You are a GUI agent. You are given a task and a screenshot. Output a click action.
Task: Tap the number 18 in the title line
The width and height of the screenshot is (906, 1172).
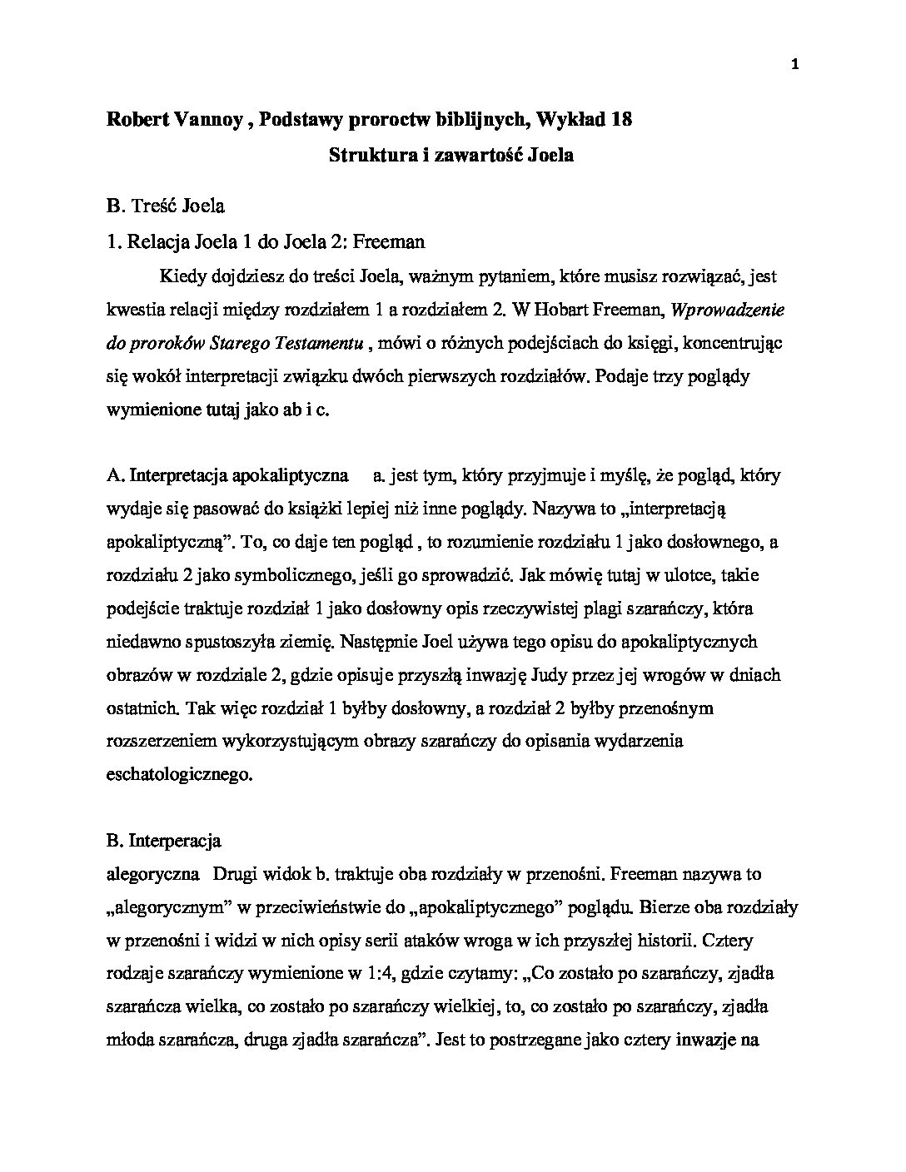[x=620, y=120]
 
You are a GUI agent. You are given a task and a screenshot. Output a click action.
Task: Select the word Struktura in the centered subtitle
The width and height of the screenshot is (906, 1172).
[x=366, y=155]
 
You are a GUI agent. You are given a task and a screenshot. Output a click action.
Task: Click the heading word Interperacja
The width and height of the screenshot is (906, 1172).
[x=175, y=841]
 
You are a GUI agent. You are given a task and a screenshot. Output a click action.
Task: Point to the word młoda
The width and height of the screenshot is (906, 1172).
[x=131, y=1040]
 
